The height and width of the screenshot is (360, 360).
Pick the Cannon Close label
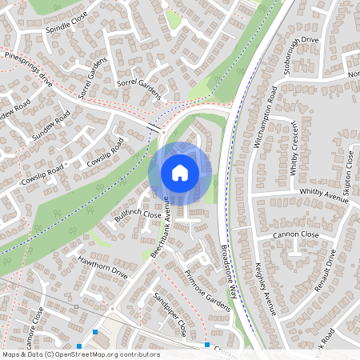[x=294, y=235]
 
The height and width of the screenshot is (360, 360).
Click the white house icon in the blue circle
[x=180, y=173]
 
